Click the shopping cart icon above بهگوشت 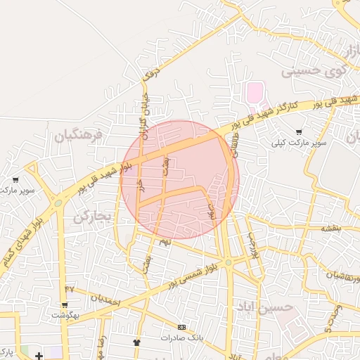[x=65, y=305]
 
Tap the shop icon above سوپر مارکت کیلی [x=300, y=131]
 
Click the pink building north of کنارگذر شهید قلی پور [x=254, y=92]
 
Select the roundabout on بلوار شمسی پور [x=228, y=263]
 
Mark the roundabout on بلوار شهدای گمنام [x=58, y=202]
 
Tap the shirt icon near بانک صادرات [x=136, y=343]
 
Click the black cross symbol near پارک [x=38, y=356]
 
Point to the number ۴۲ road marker [x=69, y=289]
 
